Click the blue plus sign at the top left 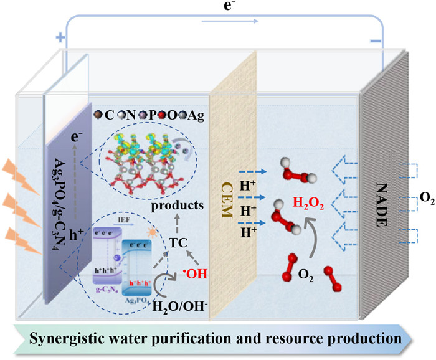(60, 37)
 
